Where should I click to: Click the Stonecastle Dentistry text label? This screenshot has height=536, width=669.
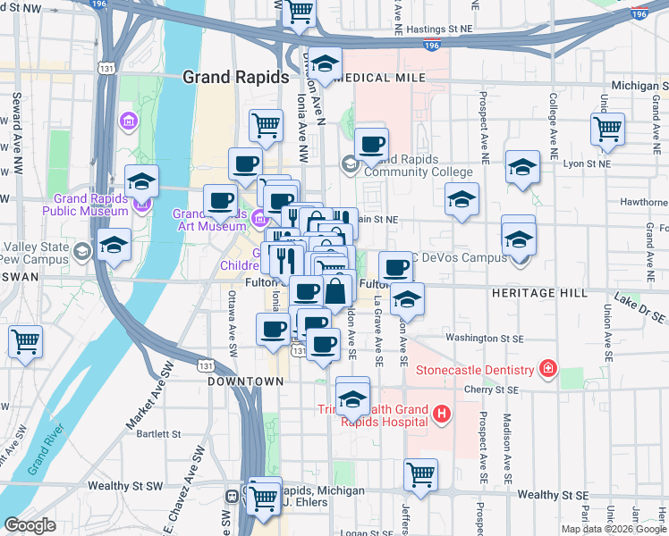[x=477, y=368]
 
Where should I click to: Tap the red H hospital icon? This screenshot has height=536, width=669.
[x=441, y=413]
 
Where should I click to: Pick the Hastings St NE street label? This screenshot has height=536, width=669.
[x=438, y=29]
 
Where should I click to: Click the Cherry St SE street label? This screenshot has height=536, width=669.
[x=492, y=389]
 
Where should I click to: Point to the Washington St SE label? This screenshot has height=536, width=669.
[x=484, y=339]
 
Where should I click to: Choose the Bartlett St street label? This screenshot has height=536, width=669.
[x=135, y=434]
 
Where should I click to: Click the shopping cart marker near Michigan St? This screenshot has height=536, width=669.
[x=607, y=129]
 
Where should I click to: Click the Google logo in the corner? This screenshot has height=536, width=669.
[x=30, y=525]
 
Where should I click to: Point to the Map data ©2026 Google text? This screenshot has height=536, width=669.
[x=612, y=529]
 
